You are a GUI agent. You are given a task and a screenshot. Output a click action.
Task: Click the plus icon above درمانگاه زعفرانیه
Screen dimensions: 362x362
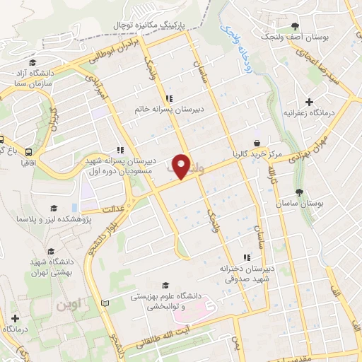coord(309,103)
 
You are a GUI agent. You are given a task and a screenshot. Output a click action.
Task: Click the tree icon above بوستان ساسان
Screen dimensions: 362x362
coord(300,192)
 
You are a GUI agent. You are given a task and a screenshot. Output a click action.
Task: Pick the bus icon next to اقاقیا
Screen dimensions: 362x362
coord(28,152)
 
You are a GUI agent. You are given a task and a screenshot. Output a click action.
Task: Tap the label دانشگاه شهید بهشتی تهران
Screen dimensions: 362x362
coord(49,269)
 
